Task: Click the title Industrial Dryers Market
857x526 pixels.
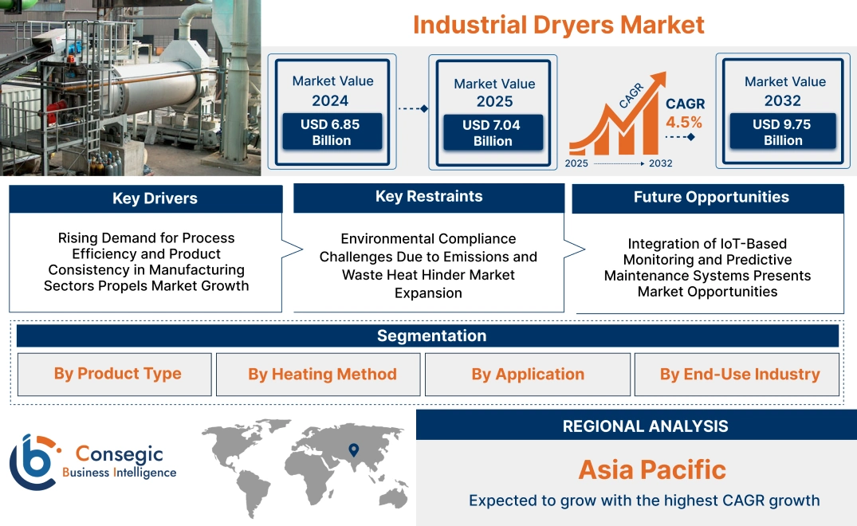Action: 558,24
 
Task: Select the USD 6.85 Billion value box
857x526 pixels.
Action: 332,132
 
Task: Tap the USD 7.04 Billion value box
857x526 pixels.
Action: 493,133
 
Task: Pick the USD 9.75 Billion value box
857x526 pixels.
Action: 783,131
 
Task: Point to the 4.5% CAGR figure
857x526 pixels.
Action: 684,122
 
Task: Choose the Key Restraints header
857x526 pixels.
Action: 429,197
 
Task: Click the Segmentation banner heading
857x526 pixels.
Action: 431,336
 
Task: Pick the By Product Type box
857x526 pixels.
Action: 117,374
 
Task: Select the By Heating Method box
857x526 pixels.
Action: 322,375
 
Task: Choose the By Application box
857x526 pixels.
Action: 528,375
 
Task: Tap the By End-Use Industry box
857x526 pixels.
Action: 739,375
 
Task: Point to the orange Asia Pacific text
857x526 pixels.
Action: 651,469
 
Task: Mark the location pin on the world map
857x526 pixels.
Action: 354,452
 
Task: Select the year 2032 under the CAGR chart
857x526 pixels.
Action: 660,163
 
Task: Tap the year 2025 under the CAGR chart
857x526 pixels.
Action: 577,163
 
